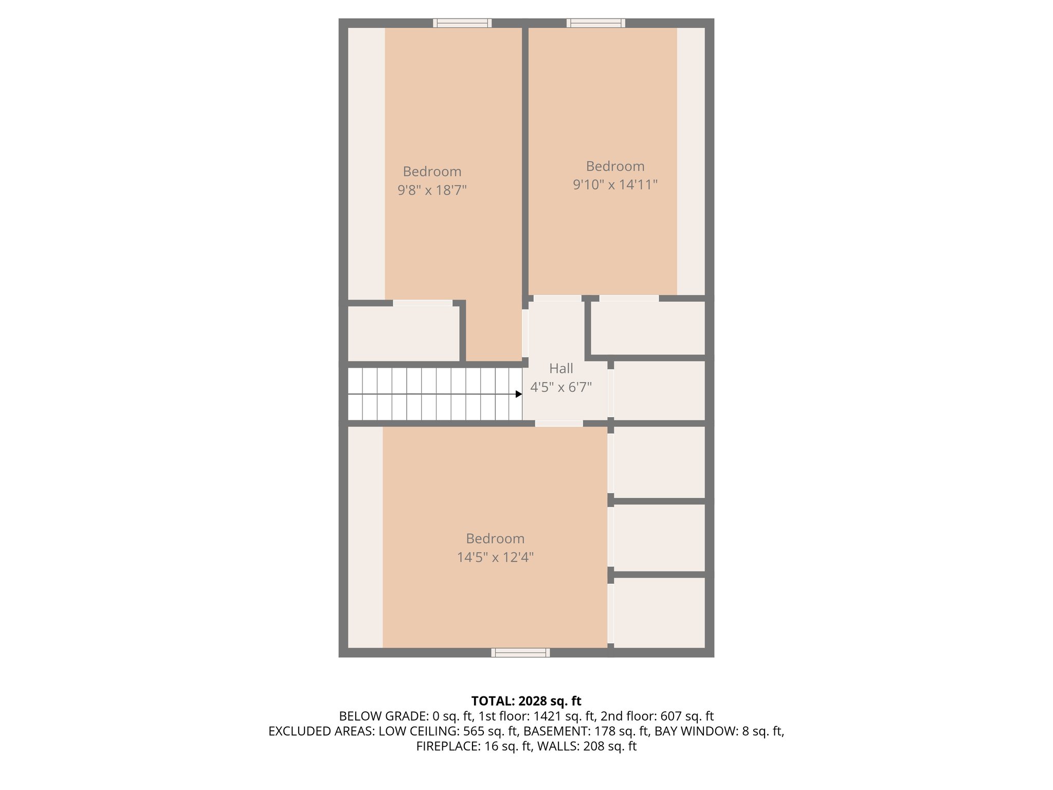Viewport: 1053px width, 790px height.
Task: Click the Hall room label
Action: [561, 368]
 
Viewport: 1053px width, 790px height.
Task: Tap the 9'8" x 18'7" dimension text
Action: [432, 190]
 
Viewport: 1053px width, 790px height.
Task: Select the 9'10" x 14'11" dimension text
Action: [615, 185]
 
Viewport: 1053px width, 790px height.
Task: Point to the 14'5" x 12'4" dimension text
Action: [495, 557]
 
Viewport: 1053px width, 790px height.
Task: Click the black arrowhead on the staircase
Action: [519, 394]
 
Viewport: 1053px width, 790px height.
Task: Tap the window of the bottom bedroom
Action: [520, 652]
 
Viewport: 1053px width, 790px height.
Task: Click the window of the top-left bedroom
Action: [462, 23]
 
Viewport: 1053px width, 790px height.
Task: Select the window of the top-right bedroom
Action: [596, 23]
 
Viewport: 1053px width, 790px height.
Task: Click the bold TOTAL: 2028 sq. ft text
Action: [526, 701]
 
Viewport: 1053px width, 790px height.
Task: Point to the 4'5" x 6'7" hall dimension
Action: [561, 387]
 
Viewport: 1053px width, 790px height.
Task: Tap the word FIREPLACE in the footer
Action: [448, 746]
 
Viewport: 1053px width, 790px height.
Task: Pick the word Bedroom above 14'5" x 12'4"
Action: [495, 538]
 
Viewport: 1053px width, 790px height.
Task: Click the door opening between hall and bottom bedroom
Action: [559, 423]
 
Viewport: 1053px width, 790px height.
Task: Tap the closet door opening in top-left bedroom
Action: [423, 303]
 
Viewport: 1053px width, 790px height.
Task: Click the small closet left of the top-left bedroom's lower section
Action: [404, 333]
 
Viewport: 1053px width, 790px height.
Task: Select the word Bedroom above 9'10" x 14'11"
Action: [615, 166]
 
